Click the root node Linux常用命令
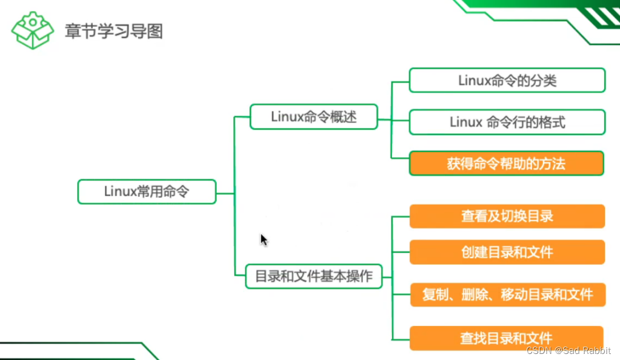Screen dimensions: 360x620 147,192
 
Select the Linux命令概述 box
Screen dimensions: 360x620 313,117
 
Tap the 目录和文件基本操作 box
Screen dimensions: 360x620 313,277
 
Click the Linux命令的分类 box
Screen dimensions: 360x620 507,80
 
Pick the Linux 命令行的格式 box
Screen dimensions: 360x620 507,122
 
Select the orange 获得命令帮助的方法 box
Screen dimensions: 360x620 507,164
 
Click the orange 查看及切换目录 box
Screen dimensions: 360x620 507,216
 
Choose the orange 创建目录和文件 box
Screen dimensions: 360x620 507,252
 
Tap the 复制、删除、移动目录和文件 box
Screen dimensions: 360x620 507,295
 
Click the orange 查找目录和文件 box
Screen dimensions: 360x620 507,338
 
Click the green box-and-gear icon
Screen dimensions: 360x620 32,31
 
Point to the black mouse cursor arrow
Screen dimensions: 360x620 264,239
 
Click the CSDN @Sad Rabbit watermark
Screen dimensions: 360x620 568,352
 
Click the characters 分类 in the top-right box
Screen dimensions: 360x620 542,80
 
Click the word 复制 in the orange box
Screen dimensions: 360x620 436,295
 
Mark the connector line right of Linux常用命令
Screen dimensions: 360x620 225,193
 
